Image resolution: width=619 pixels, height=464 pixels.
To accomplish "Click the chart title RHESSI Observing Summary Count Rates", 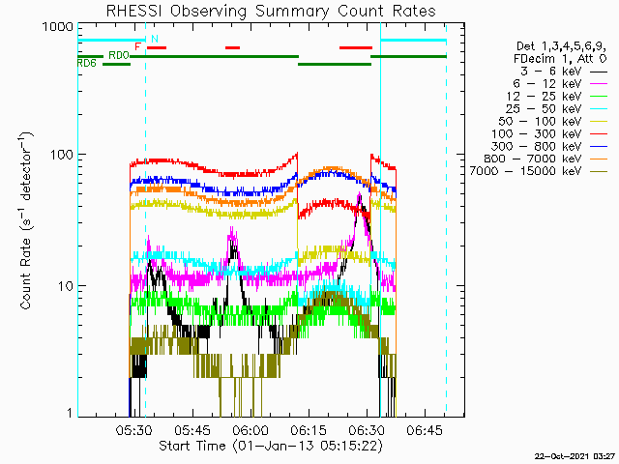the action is [271, 11].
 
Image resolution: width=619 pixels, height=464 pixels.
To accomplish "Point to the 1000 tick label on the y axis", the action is [58, 27].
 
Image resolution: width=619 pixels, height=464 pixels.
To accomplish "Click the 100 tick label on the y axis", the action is [62, 154].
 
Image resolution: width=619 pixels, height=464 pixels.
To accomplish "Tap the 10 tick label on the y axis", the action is [66, 286].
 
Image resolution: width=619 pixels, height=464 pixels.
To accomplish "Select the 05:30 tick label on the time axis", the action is [134, 430].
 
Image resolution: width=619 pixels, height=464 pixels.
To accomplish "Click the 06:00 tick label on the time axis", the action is [251, 430].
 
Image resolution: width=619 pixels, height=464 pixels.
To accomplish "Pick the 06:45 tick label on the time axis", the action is [425, 430].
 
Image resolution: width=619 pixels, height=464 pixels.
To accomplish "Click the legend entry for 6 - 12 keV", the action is [560, 84].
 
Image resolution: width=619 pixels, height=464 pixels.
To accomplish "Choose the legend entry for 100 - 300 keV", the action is [549, 134].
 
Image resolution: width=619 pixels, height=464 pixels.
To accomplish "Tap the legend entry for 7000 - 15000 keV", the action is [539, 171].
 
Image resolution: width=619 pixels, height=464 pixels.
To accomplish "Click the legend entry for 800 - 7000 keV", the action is [545, 159].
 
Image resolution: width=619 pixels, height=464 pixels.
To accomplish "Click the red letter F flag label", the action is [137, 47].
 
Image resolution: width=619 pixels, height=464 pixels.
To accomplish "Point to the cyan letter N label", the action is [155, 39].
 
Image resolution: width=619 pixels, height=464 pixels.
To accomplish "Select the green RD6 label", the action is [86, 63].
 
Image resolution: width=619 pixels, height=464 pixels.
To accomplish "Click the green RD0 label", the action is [119, 55].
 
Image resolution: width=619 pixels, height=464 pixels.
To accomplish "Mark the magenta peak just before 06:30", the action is [359, 193].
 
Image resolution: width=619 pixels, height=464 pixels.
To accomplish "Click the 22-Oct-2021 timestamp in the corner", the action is [575, 456].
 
